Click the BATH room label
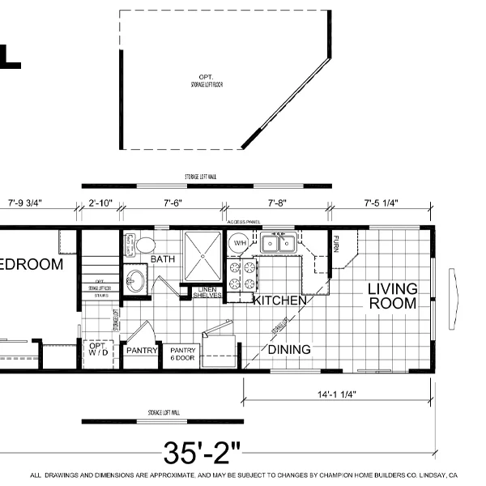[163, 259]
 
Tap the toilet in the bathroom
[146, 245]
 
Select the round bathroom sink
[136, 281]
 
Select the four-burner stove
[242, 275]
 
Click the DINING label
[289, 349]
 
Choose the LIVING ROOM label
[392, 296]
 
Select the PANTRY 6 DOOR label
[181, 354]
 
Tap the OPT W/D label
[97, 352]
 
